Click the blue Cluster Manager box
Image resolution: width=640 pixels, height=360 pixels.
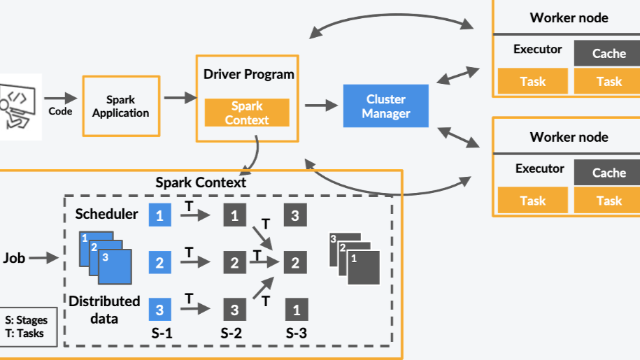point(385,106)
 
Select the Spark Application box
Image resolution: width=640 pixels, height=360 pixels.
point(120,106)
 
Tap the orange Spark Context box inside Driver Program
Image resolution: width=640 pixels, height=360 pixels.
point(247,113)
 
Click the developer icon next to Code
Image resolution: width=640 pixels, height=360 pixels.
point(18,106)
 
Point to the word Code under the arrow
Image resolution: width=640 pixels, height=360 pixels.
point(60,111)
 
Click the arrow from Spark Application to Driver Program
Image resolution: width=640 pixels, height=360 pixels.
point(180,99)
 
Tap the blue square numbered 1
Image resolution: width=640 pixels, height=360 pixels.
point(159,215)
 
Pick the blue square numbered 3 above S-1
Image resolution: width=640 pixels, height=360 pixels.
point(159,308)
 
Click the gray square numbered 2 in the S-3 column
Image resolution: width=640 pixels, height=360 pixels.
point(294,263)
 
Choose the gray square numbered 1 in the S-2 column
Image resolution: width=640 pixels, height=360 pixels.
point(234,215)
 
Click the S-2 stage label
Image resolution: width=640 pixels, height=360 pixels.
point(232,333)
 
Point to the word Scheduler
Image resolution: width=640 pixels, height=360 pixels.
point(106,214)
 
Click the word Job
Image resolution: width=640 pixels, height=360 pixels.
point(14,258)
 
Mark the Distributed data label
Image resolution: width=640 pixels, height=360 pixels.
point(104,310)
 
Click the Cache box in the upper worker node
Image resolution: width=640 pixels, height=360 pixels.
point(609,54)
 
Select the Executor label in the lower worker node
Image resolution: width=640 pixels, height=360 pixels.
point(539,168)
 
